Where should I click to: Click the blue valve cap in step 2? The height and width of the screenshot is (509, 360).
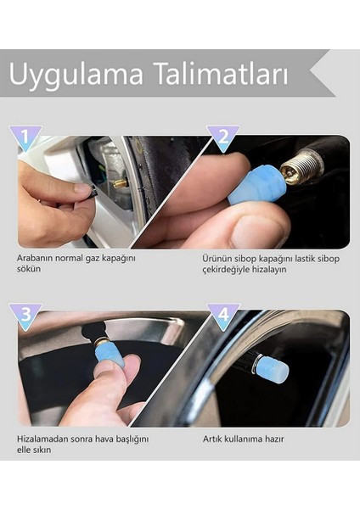[255, 184]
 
